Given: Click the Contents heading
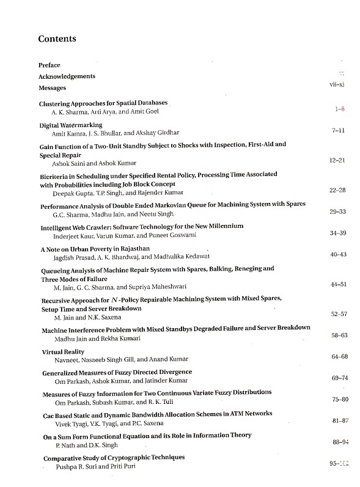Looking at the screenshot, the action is click(57, 39).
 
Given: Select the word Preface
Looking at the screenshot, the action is click(49, 65).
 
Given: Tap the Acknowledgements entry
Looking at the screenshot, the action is click(67, 76).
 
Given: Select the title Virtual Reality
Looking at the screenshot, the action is click(63, 352).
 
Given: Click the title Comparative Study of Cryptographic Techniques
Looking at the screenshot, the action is click(113, 457).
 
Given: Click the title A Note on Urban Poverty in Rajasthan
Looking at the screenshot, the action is click(95, 249).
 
